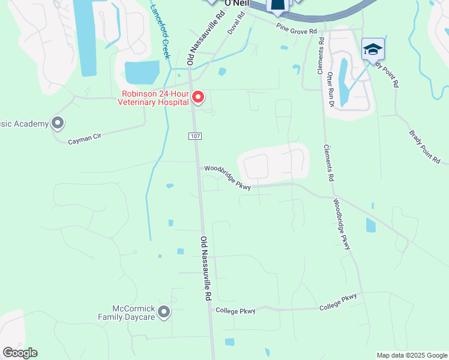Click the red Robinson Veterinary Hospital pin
[197, 97]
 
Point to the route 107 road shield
[194, 136]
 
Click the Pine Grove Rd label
[296, 29]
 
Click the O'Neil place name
[236, 4]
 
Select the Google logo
[20, 353]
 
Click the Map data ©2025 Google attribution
[411, 355]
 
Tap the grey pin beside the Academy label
[58, 124]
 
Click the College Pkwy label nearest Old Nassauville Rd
[235, 311]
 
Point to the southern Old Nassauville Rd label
[206, 268]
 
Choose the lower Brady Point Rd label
[425, 147]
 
